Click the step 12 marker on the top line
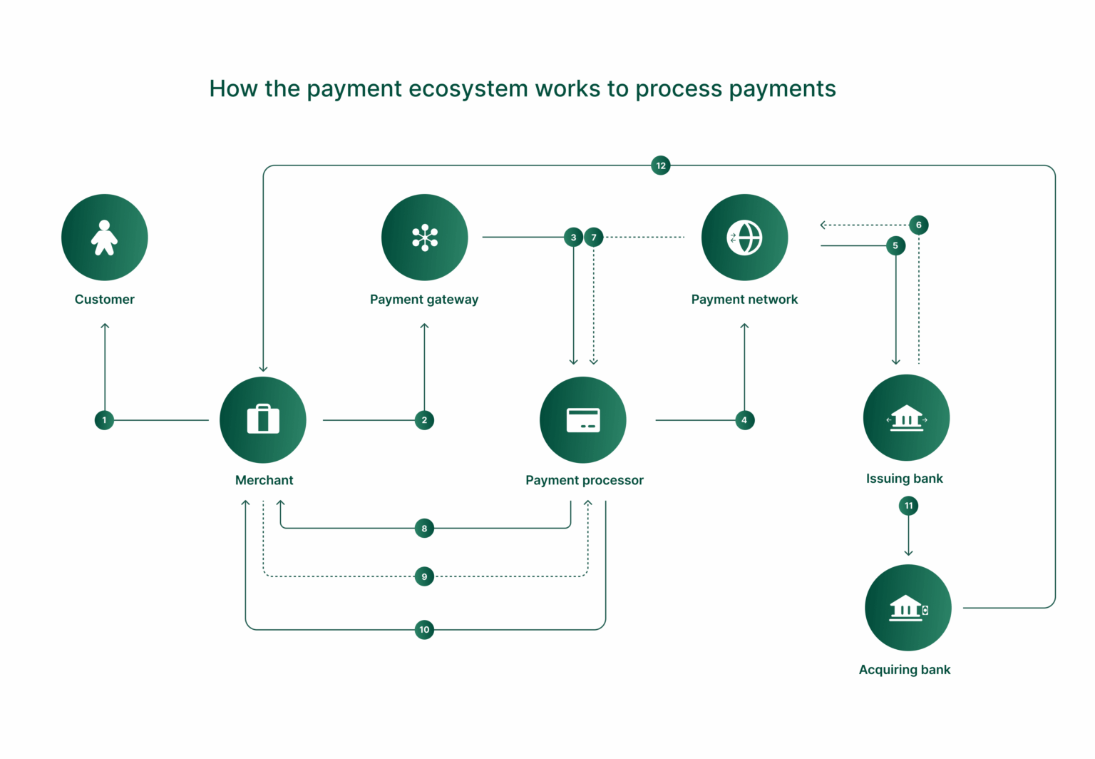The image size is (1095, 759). point(661,165)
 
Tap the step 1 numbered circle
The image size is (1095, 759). point(104,420)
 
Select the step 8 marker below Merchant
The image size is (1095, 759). point(424,529)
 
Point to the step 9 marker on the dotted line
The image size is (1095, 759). point(424,576)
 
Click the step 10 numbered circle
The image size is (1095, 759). point(424,629)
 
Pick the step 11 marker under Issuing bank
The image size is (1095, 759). point(908,506)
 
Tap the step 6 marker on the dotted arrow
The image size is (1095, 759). point(918,225)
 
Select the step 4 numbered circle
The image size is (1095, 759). point(744,420)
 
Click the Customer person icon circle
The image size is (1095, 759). point(105,238)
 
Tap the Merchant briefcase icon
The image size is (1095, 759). point(263,420)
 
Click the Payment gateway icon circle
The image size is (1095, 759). point(425,238)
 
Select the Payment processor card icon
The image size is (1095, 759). point(583,420)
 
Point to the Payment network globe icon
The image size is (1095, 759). point(744,238)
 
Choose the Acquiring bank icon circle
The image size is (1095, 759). point(908,608)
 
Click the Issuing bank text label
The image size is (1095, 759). point(904,479)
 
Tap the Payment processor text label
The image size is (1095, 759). point(584,480)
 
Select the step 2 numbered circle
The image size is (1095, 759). point(424,420)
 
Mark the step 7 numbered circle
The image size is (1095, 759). point(594,238)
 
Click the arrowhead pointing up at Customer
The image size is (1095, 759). point(105,327)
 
